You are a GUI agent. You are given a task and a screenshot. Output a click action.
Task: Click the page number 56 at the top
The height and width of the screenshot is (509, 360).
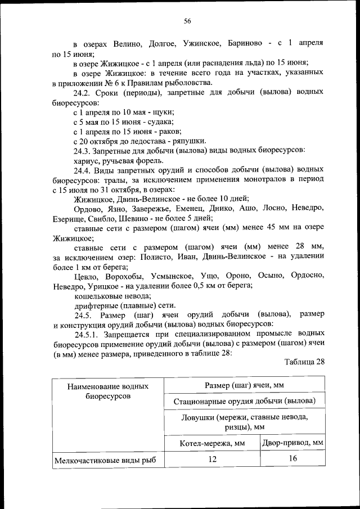click(188, 21)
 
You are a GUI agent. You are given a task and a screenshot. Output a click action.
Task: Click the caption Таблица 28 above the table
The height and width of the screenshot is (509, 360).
click(304, 362)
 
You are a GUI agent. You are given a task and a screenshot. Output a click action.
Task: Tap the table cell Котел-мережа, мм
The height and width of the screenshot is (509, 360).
click(211, 443)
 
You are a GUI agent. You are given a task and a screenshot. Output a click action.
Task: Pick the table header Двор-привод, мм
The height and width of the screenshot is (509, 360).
click(292, 443)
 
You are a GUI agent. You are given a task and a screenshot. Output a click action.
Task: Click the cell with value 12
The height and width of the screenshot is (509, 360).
click(211, 460)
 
